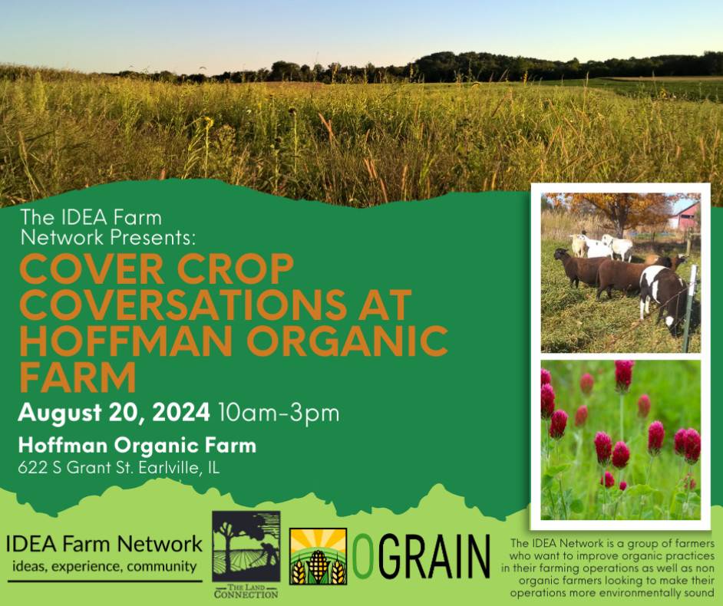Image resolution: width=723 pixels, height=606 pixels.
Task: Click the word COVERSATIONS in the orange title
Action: (180, 305)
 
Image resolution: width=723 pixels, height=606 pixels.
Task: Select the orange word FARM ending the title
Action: (78, 377)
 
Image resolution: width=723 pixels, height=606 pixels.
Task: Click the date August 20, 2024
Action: (114, 413)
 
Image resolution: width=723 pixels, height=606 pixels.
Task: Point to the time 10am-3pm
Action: (279, 413)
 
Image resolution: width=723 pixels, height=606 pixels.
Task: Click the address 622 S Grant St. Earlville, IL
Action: (118, 468)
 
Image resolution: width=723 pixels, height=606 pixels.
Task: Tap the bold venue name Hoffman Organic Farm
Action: (137, 446)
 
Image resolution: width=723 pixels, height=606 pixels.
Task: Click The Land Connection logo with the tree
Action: (246, 554)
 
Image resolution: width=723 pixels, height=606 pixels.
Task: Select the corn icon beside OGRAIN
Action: (319, 556)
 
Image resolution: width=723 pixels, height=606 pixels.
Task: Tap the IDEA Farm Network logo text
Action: (104, 544)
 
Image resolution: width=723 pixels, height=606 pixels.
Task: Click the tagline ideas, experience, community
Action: (104, 566)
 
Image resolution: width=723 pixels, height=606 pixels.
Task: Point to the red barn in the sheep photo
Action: (685, 216)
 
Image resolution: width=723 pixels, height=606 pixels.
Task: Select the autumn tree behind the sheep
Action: (620, 210)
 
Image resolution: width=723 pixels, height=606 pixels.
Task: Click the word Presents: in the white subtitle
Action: (153, 238)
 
